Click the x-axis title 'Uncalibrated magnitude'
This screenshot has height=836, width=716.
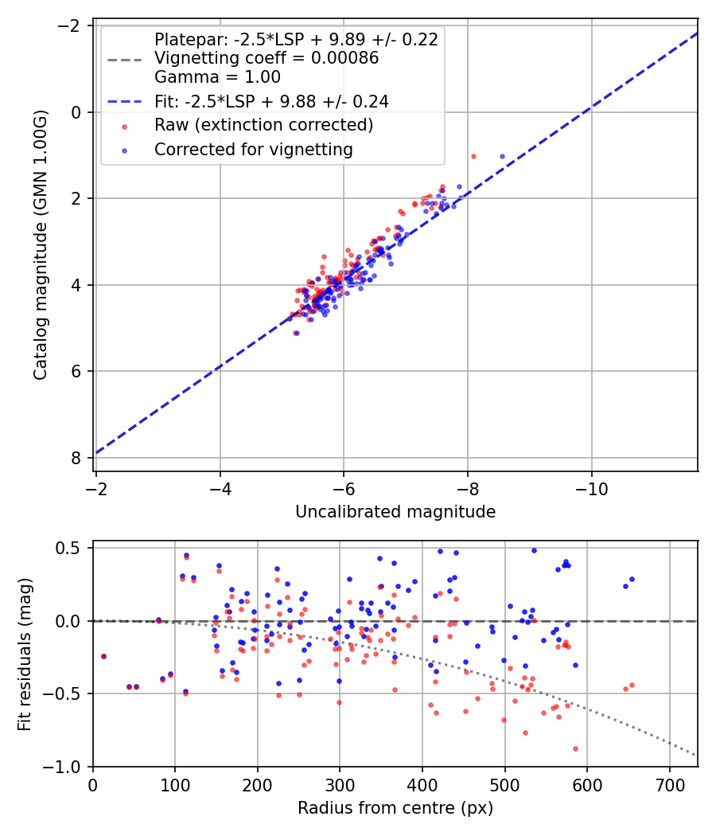tap(395, 512)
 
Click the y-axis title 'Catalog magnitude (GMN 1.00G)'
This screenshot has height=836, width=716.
tap(41, 245)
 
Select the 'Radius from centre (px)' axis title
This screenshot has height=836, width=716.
tap(395, 808)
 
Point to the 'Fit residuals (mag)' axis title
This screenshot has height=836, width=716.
tap(24, 654)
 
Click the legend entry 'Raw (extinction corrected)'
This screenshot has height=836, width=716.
tap(263, 125)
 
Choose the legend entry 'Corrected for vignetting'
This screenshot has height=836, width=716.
tap(253, 149)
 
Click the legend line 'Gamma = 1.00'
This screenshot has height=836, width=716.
tap(217, 77)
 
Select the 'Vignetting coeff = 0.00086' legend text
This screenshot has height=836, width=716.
tap(267, 58)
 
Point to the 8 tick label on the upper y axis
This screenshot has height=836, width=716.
tap(76, 458)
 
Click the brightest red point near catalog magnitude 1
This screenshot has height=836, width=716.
tap(473, 156)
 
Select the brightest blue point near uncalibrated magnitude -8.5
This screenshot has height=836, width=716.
tap(502, 156)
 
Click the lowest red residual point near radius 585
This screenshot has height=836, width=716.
tap(575, 748)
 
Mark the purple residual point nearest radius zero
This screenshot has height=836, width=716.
tap(103, 656)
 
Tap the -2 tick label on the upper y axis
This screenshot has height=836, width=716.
tap(71, 25)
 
